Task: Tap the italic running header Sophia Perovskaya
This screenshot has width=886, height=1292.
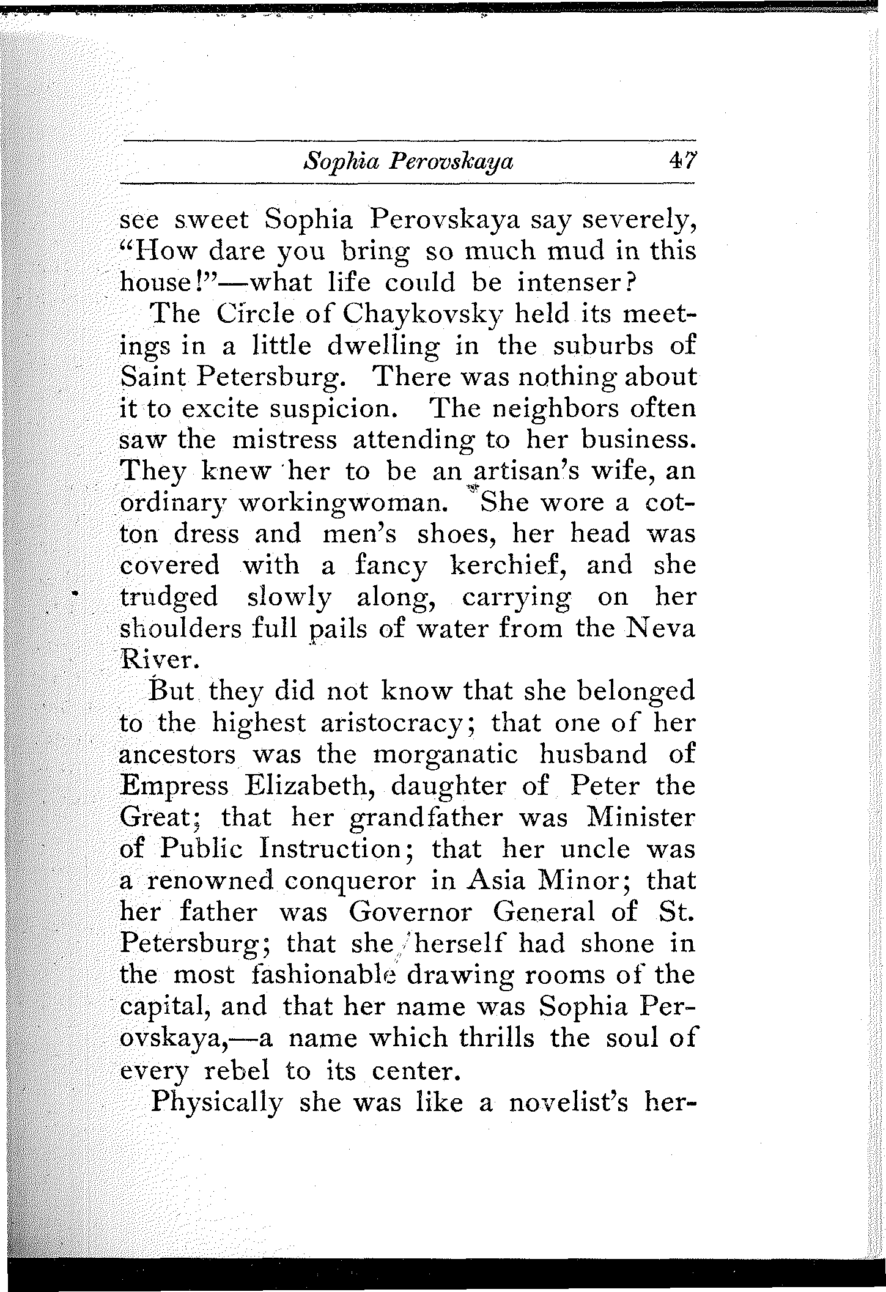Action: point(408,162)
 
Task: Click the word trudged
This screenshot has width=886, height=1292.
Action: point(169,597)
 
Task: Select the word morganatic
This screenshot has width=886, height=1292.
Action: point(446,754)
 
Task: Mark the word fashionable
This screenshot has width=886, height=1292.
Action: point(325,975)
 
